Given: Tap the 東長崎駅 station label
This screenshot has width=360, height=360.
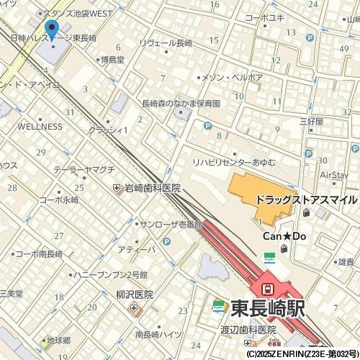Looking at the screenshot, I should point(268,308).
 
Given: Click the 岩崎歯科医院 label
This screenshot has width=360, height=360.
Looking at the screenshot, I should point(152,188).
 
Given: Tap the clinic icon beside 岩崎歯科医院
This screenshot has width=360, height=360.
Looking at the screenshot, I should point(117,188).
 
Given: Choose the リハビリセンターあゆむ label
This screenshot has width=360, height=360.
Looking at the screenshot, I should point(233,162).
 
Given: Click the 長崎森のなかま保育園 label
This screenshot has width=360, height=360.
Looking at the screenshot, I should point(181,103).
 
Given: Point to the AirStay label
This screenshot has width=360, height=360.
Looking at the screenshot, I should point(334,174).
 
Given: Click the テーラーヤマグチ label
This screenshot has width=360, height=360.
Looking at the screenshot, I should point(84,169).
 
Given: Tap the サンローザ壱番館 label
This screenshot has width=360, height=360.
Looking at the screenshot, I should point(171,225).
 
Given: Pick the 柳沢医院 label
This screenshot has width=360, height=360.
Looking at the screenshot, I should point(134,294).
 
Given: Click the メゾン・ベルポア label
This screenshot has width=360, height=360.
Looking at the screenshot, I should point(232,77).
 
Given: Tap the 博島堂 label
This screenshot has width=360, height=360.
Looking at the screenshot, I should point(112,60).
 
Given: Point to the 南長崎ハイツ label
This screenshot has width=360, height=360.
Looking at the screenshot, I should point(158,334).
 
